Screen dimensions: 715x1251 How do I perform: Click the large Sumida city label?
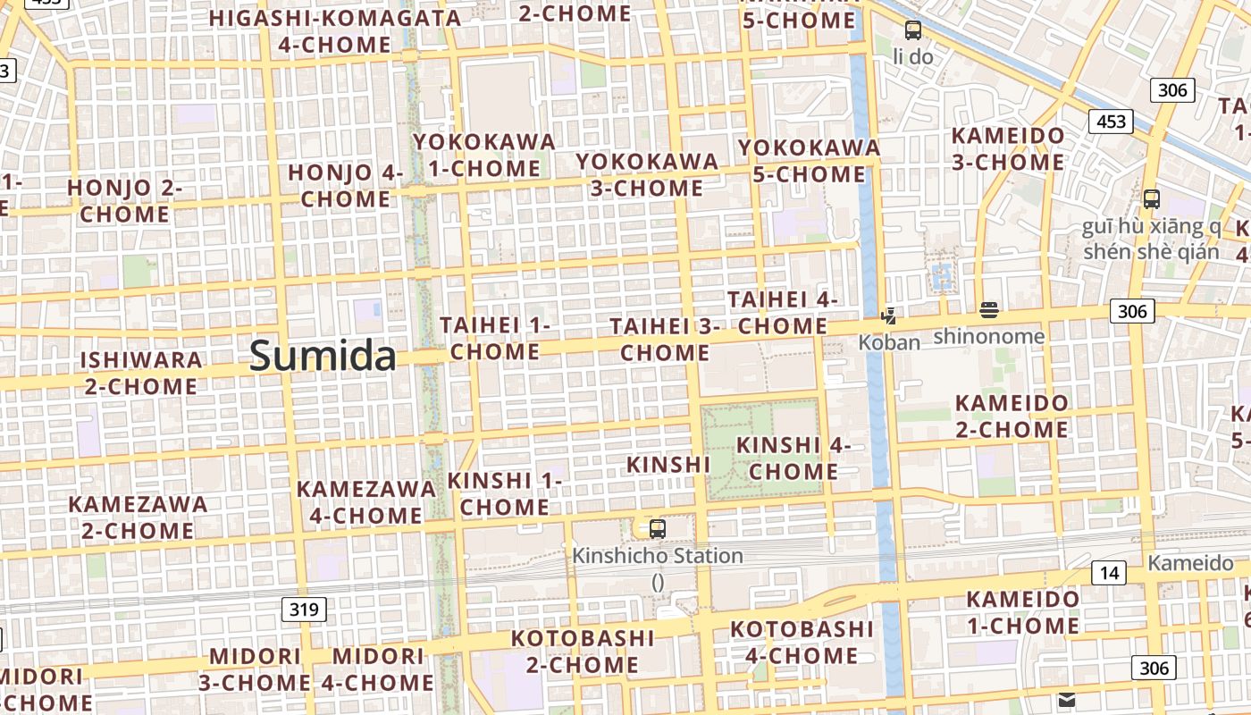tap(323, 356)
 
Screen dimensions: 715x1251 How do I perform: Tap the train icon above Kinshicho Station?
tap(658, 528)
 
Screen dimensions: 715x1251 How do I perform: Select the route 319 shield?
tap(304, 610)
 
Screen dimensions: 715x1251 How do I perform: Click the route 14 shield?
tap(1108, 573)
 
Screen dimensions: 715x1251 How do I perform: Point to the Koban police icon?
tap(888, 315)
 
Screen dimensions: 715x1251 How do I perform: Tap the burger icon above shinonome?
tap(988, 310)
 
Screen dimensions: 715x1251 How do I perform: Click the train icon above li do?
tap(913, 30)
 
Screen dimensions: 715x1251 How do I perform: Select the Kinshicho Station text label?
tap(658, 556)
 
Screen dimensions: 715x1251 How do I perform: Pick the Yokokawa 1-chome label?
tap(483, 155)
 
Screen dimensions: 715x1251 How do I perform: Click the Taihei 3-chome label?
tap(665, 340)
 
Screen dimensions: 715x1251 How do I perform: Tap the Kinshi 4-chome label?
tap(793, 458)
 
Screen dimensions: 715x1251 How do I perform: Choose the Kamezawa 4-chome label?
tap(366, 502)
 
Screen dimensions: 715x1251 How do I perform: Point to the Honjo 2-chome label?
tap(125, 201)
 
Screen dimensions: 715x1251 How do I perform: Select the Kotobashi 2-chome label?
tap(583, 652)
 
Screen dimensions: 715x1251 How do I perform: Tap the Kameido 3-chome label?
tap(1008, 149)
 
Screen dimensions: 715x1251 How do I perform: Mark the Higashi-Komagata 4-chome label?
tap(335, 31)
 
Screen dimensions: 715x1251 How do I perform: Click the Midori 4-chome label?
tap(378, 669)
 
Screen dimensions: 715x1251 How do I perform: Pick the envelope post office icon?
tap(1067, 699)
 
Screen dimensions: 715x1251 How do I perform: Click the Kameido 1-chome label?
tap(1023, 611)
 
